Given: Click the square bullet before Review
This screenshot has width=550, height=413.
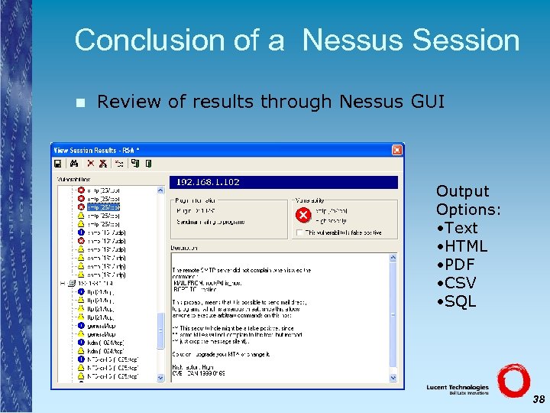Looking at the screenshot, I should [82, 102].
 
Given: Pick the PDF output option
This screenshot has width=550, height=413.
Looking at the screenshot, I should [461, 265].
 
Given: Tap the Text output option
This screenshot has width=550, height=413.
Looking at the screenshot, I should [460, 228].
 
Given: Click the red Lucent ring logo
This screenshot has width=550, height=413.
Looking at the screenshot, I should [513, 380].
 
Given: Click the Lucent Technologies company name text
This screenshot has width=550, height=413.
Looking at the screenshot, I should [458, 388].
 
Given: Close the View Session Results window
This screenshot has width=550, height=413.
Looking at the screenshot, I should [396, 149].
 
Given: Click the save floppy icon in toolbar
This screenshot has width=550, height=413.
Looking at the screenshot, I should [57, 163].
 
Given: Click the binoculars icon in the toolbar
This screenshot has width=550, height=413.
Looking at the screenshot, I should [74, 163].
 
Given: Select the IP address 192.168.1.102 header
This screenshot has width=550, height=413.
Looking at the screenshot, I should [208, 182].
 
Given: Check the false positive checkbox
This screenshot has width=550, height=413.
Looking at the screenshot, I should [299, 232].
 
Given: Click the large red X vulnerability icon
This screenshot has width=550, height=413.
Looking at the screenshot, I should [303, 215].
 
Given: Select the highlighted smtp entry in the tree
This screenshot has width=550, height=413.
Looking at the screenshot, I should [103, 207].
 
